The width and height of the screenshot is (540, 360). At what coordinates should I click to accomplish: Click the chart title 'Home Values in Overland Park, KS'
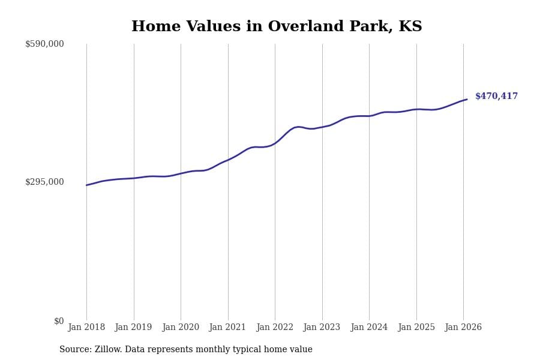coord(277,27)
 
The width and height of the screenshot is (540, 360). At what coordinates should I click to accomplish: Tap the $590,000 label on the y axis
coord(44,44)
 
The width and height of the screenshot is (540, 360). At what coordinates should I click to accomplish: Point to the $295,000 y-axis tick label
coord(44,182)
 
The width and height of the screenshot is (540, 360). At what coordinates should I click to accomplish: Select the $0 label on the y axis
coord(59,321)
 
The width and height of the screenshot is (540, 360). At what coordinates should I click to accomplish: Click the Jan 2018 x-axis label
coord(86,328)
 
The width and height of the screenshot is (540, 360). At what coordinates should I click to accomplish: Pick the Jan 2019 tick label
coord(133,328)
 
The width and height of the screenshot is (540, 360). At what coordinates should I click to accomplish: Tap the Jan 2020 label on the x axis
coord(181,328)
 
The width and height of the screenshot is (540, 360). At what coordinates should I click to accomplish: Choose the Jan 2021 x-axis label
coord(227,328)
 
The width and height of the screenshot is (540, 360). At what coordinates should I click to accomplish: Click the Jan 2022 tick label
coord(275,328)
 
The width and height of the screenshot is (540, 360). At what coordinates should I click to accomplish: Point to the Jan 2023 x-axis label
coord(322,328)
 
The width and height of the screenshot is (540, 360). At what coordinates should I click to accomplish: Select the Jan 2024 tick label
coord(369,328)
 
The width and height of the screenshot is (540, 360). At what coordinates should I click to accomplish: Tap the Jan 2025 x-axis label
coord(416,328)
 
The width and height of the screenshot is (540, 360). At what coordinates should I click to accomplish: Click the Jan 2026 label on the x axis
coord(463,328)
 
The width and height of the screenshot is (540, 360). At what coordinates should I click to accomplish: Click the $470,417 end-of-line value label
coord(496,97)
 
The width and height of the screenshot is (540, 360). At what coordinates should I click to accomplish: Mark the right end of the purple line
coord(467,100)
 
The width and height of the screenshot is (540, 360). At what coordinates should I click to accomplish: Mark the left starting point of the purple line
coord(86,185)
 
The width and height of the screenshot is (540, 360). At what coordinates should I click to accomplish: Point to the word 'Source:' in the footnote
coord(75,350)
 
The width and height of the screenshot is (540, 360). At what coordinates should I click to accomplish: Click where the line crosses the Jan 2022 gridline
coord(275,143)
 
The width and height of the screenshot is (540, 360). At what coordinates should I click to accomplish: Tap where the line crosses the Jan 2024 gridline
coord(369,116)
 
